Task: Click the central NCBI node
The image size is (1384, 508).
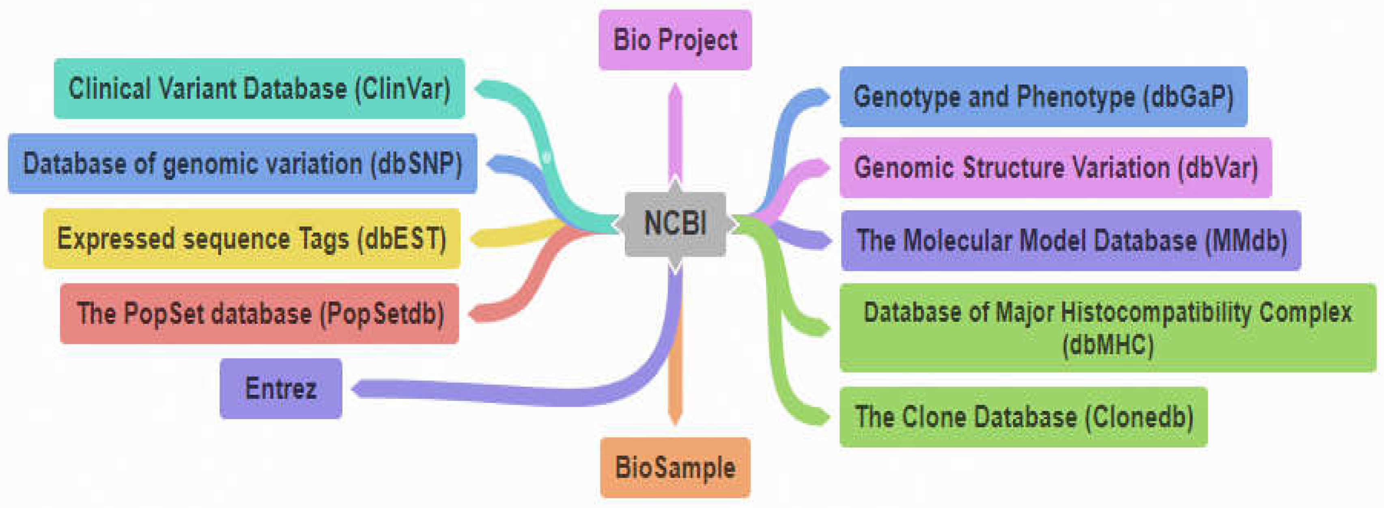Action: (675, 223)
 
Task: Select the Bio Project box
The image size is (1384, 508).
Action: (675, 40)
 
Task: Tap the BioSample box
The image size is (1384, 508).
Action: (675, 467)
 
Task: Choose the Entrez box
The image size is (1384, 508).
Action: (280, 388)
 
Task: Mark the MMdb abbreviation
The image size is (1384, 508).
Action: (1246, 240)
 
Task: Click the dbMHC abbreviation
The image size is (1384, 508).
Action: (1108, 344)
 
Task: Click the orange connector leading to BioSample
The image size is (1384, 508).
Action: (675, 376)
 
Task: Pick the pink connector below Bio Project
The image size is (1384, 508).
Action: (675, 134)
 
